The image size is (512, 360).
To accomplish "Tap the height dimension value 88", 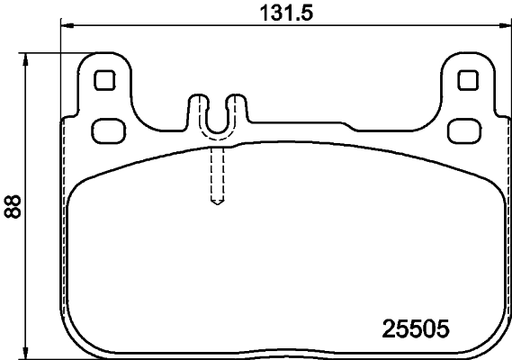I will [x=12, y=207].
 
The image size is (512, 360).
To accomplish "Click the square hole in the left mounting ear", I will [x=104, y=79].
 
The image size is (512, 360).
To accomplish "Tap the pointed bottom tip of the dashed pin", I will [x=216, y=202].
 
